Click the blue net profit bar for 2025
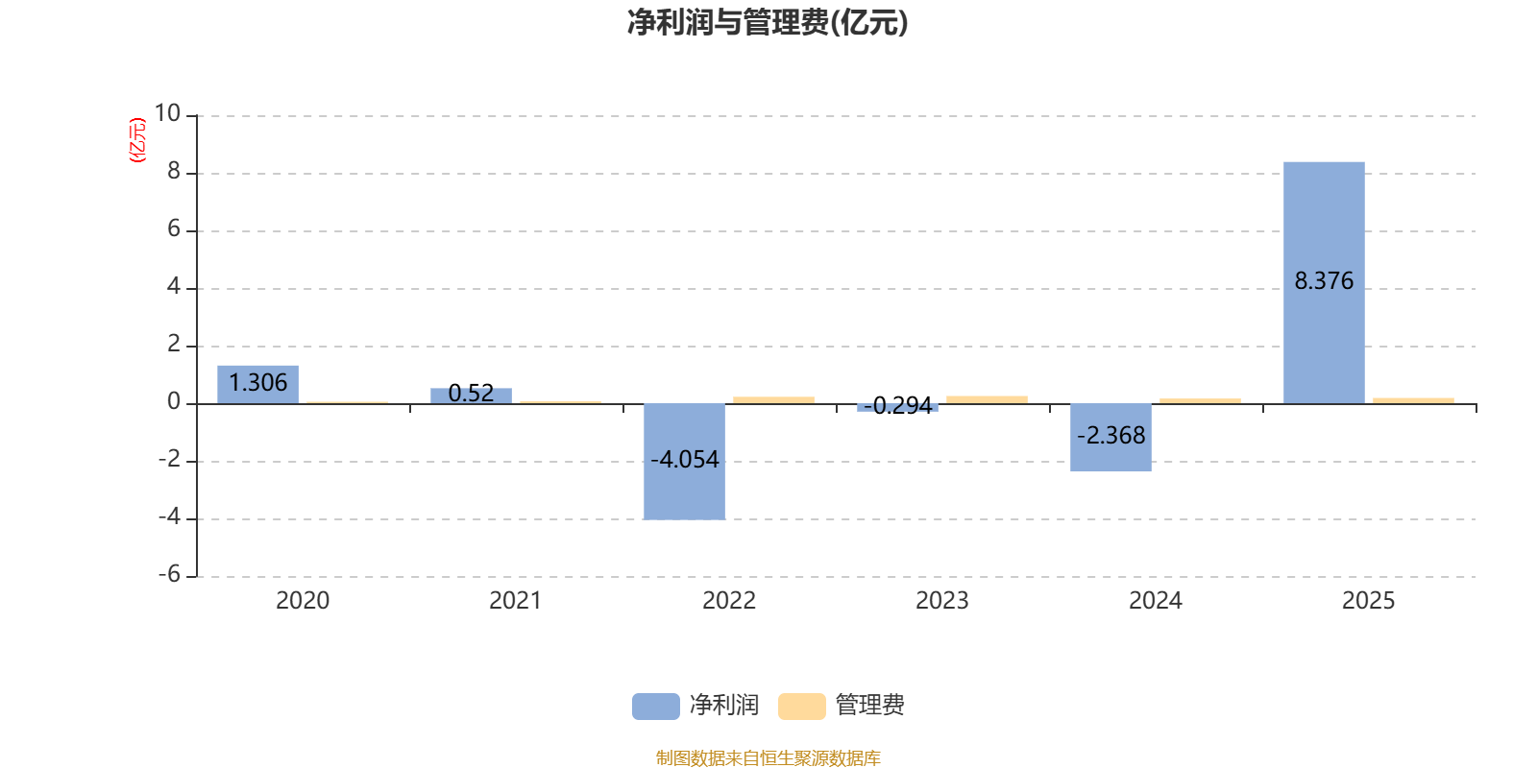tap(1324, 221)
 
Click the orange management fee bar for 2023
tap(987, 399)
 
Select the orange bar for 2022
tap(773, 399)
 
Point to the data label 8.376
tap(1324, 281)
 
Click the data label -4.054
tap(684, 460)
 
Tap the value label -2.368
tap(1110, 436)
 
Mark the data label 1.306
tap(257, 383)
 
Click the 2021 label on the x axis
tap(516, 601)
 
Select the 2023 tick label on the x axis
tap(942, 601)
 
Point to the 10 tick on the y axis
tap(168, 114)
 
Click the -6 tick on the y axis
tap(169, 574)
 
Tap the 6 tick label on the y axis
tap(174, 228)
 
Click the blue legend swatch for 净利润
tap(655, 706)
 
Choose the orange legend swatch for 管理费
tap(801, 706)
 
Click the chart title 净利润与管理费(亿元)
tap(768, 22)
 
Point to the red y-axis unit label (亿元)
tap(137, 140)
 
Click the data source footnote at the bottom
tap(768, 758)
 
